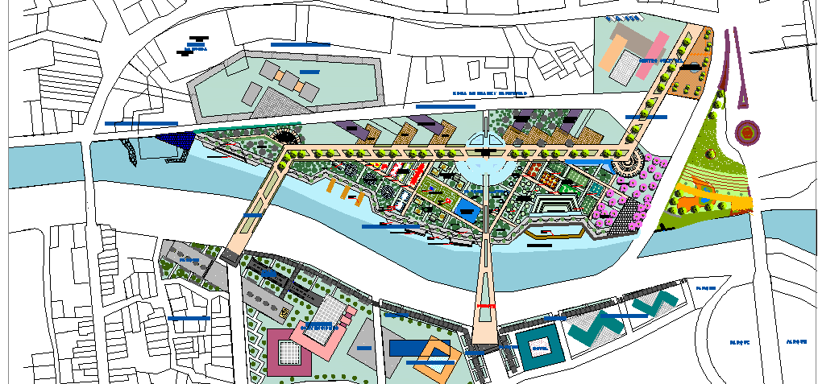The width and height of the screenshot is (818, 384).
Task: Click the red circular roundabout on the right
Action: point(747,131)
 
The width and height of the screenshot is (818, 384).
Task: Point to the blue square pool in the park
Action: point(465,211)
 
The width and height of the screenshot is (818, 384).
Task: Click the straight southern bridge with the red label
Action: point(485,290)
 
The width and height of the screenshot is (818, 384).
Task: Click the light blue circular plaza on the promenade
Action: point(483,167)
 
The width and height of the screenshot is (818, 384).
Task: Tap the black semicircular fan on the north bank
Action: point(286,136)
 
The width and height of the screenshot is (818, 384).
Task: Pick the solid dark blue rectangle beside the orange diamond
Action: point(408,348)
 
